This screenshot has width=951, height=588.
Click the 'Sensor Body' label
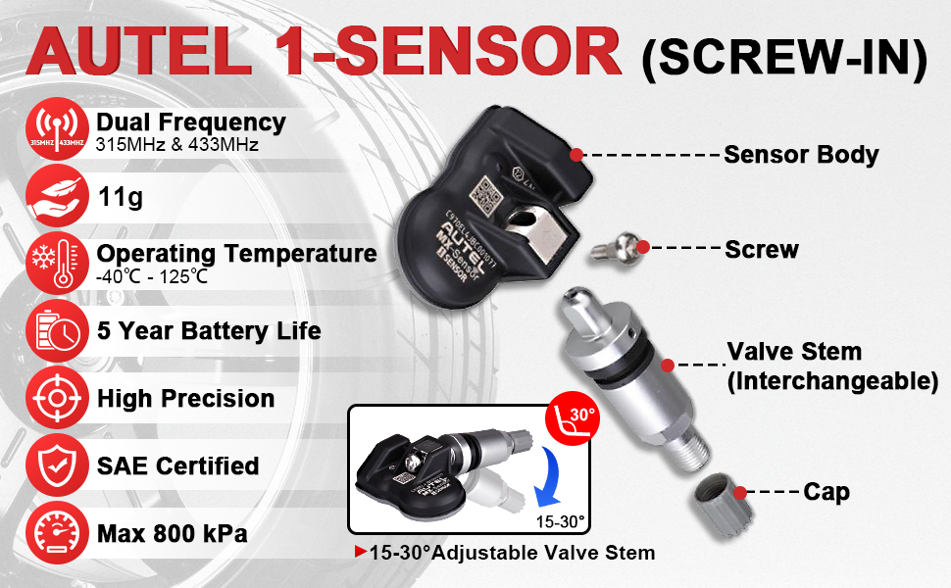pos(801,154)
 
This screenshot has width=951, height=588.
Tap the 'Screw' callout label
pos(762,249)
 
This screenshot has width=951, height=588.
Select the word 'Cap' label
pos(826,491)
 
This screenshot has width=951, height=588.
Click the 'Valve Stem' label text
pos(794,352)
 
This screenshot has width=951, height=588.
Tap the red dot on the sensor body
pos(576,154)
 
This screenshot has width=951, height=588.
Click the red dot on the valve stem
pos(668,365)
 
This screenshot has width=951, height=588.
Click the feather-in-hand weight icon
pos(56,197)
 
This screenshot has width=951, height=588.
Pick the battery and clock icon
pos(56,330)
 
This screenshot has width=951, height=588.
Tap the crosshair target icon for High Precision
pos(56,398)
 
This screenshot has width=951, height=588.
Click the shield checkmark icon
pos(56,465)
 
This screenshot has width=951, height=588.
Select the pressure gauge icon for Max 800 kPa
pos(56,533)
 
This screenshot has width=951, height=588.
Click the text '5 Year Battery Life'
pos(208,330)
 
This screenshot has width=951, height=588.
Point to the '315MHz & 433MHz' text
pos(176,146)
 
